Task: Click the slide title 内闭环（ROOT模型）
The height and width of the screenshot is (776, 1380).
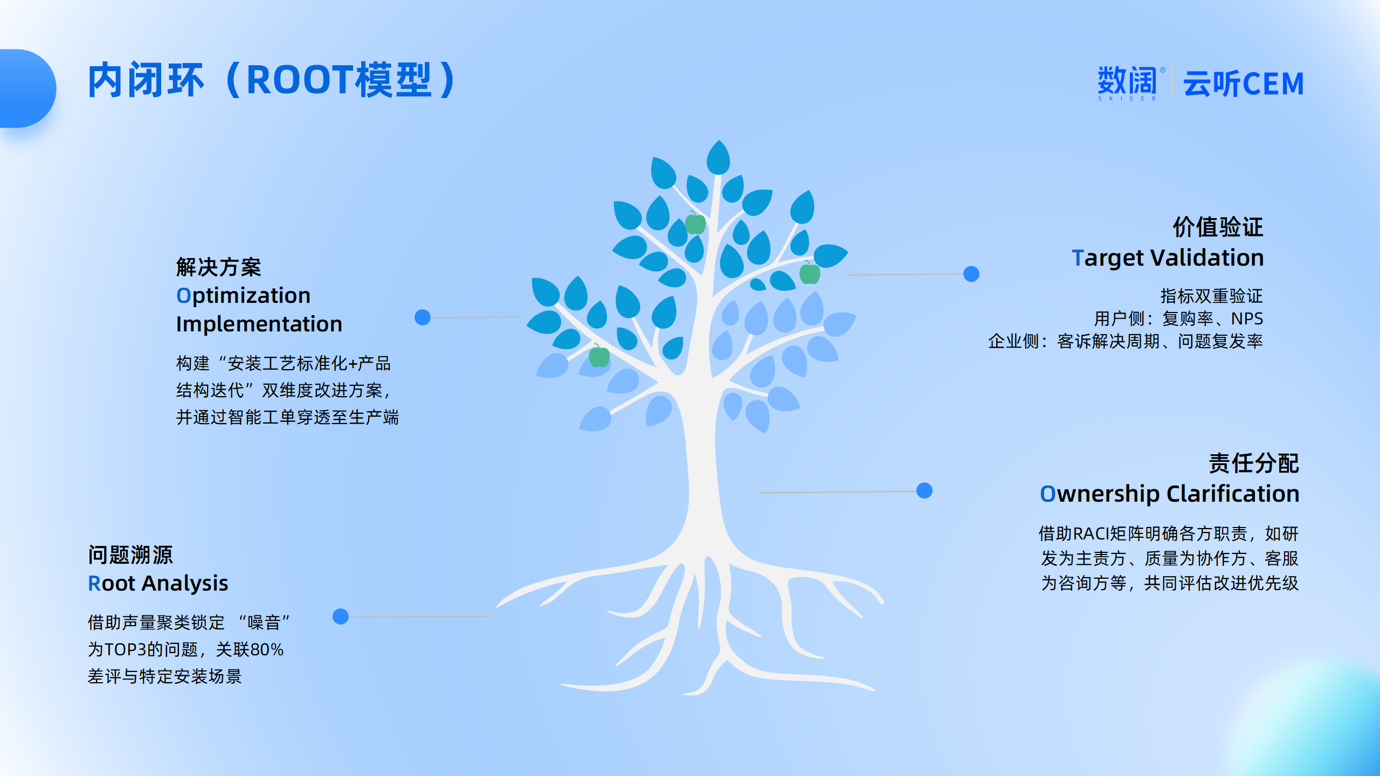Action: click(x=272, y=80)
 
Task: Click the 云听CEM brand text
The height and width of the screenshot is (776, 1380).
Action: click(x=1244, y=84)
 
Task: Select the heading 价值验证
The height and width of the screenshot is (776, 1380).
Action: click(x=1218, y=227)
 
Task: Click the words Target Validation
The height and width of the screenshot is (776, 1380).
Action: click(x=1168, y=258)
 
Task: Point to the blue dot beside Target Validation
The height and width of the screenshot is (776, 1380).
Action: click(x=971, y=274)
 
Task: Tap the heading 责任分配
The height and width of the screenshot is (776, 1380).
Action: click(x=1254, y=463)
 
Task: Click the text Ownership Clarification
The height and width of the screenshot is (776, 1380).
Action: click(x=1170, y=494)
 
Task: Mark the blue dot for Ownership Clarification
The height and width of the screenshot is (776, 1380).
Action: click(x=924, y=490)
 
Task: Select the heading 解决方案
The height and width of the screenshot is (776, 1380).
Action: click(x=219, y=267)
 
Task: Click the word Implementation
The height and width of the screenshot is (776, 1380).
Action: click(x=259, y=324)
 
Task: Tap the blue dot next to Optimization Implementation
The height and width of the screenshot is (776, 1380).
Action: click(x=423, y=317)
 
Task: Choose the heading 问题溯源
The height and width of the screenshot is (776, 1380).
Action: click(x=130, y=555)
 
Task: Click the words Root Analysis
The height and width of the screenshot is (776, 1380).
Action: click(x=158, y=584)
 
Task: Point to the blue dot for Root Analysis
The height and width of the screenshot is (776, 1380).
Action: click(x=341, y=616)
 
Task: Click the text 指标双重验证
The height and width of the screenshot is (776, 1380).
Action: click(x=1212, y=296)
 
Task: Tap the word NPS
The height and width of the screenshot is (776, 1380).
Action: click(x=1247, y=318)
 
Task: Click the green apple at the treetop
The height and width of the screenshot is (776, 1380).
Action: click(x=695, y=223)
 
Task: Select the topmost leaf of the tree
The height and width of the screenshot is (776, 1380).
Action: click(x=718, y=157)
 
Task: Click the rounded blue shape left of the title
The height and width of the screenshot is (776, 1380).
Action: click(x=27, y=88)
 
